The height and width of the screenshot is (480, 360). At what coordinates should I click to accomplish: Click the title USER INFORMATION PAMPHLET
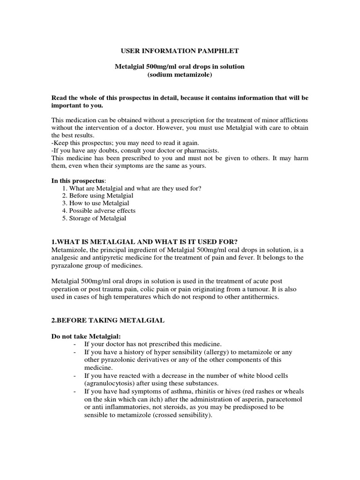pos(180,50)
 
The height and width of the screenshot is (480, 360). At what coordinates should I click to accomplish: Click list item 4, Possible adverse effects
pos(102,210)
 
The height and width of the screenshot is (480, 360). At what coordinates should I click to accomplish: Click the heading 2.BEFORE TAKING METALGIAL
pos(107,320)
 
